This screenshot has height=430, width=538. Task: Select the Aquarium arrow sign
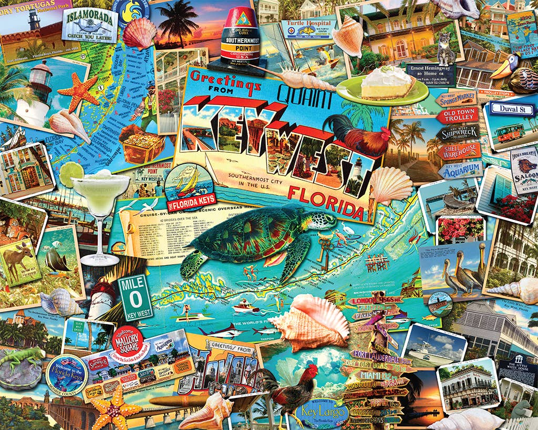point(461,169)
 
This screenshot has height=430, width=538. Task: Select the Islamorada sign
point(90,24)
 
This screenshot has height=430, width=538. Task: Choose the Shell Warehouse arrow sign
point(458,151)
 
